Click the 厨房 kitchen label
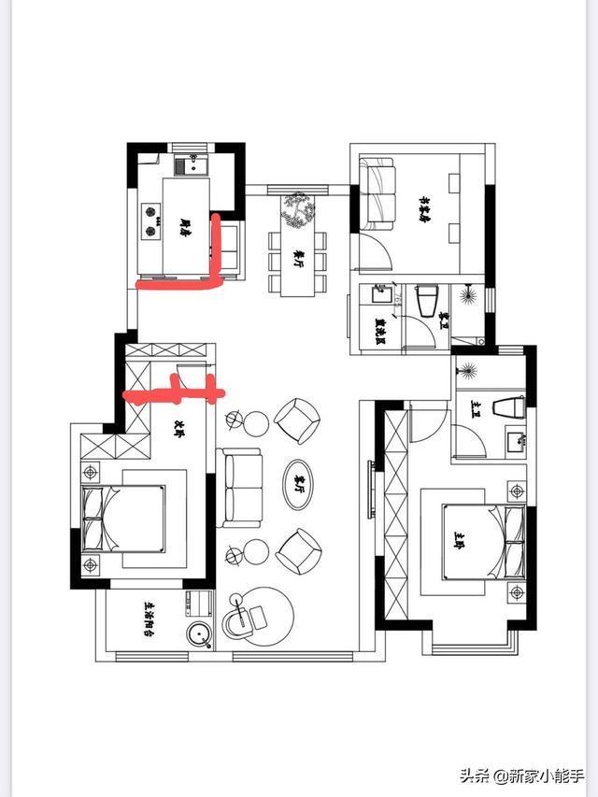coord(184,223)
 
